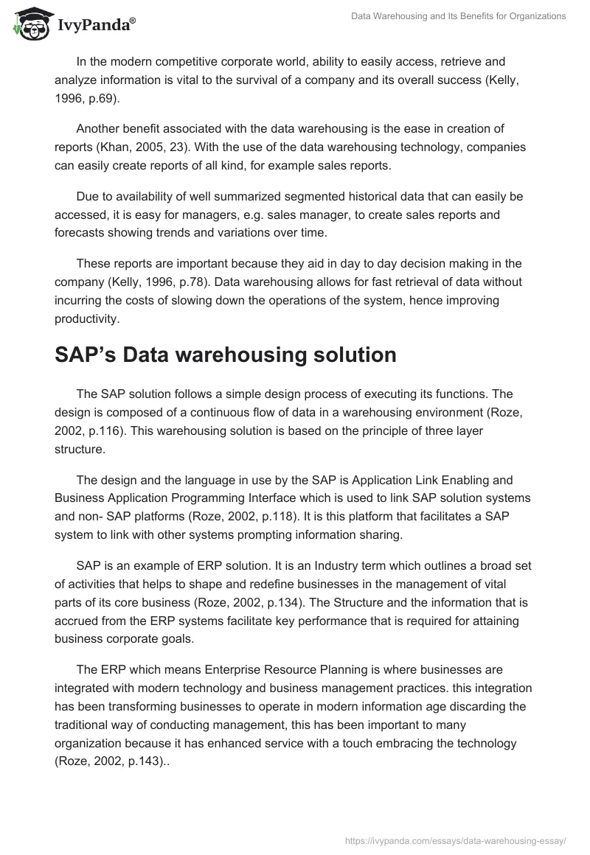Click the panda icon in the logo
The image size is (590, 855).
point(29,24)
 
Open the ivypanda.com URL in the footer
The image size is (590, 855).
point(456,840)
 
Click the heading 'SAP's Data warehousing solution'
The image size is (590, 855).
point(226,355)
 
